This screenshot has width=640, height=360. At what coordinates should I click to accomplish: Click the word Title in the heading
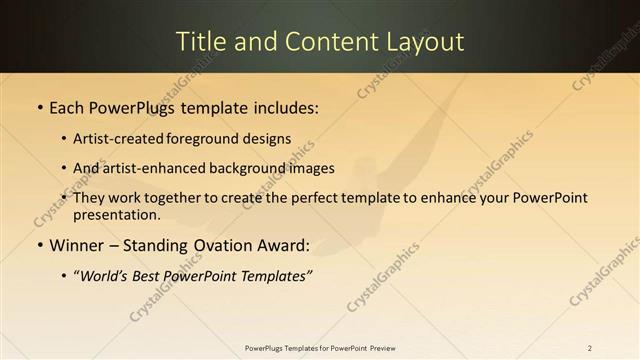coord(198,42)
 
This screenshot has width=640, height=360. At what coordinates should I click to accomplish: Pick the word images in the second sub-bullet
coord(311,168)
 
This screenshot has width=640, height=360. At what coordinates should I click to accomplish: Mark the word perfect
coord(295,198)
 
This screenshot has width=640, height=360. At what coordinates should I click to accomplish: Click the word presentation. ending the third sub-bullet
coord(116,214)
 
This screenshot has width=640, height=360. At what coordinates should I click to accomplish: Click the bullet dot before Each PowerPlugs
coord(39,108)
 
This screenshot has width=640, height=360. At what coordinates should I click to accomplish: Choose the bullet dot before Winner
coord(39,245)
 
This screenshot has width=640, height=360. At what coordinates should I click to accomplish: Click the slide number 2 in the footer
coord(590,347)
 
